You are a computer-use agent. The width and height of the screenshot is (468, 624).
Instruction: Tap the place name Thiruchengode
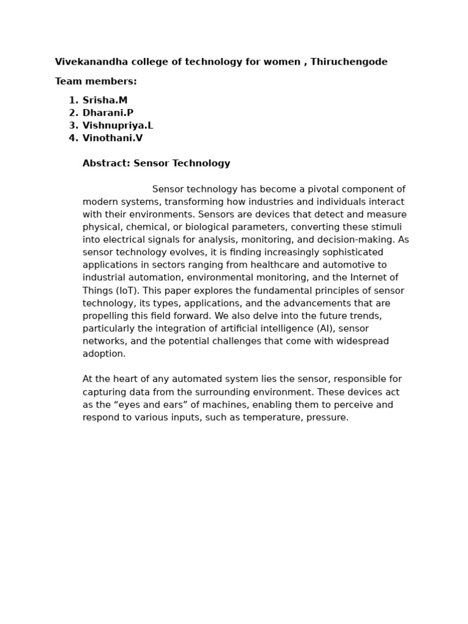(349, 62)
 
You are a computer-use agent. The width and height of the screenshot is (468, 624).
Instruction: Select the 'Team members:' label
(96, 82)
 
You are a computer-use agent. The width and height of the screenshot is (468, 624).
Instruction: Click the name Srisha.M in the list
(105, 101)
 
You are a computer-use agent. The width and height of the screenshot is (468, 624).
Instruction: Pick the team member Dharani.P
(108, 113)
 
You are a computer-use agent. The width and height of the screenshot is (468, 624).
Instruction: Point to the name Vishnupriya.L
(118, 126)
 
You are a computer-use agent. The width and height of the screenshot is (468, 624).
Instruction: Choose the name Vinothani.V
(113, 138)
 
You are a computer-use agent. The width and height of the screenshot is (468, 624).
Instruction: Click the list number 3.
(73, 126)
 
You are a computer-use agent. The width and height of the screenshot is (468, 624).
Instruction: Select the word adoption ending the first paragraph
(104, 354)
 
